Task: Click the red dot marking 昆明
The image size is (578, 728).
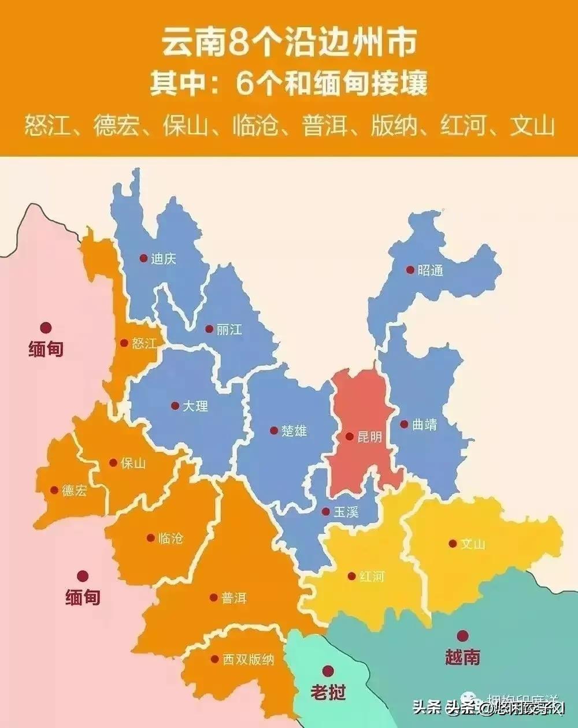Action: point(349,437)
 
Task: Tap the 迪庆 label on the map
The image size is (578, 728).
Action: point(164,259)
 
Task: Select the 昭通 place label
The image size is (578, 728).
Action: point(430,270)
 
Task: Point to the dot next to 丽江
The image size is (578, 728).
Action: point(209,329)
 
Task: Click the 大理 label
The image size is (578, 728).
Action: point(195,406)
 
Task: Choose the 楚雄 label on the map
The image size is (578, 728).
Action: point(294,430)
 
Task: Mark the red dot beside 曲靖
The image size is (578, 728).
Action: point(404,424)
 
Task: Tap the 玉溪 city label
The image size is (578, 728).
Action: point(346,511)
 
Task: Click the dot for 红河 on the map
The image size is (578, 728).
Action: point(351,576)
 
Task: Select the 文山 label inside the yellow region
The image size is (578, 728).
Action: point(473,544)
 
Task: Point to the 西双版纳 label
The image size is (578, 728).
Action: point(249,659)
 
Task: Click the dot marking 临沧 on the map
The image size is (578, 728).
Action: point(151,537)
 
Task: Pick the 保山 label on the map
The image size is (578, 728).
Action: point(134,463)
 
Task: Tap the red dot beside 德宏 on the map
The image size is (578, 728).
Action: point(54,491)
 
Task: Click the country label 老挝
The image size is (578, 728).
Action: point(328,692)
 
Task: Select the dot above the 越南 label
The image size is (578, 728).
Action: point(462,636)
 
